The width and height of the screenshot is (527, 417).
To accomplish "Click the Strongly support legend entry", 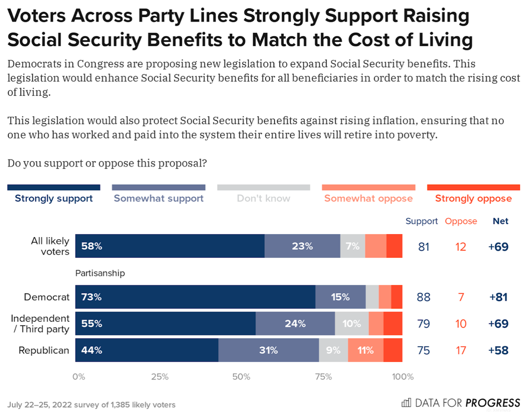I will tap(54, 198).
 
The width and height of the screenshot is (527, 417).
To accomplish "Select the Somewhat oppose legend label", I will tap(368, 198).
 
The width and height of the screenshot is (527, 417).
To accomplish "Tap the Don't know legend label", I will tap(263, 198).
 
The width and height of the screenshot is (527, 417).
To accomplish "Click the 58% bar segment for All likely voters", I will tap(170, 246).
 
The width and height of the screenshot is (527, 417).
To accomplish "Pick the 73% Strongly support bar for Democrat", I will tap(195, 297).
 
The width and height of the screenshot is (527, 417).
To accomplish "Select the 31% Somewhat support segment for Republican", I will tap(268, 350).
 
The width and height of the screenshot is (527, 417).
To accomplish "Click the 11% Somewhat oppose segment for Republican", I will tap(366, 350).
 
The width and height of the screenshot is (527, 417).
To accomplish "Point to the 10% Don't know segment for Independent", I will tap(352, 323).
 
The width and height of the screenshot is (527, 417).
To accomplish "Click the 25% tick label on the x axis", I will tap(160, 376).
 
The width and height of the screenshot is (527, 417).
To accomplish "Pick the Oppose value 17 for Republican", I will tap(461, 350).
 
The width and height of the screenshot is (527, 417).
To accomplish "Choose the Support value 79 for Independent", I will tap(424, 323).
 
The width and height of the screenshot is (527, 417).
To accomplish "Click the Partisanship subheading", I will tap(100, 273).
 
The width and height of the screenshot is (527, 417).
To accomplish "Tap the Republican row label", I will tap(44, 350).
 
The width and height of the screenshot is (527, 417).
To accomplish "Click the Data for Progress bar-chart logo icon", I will tap(407, 402).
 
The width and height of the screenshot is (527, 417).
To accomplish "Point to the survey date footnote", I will tap(91, 405).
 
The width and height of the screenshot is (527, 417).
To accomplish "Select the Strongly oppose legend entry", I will tap(473, 198).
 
